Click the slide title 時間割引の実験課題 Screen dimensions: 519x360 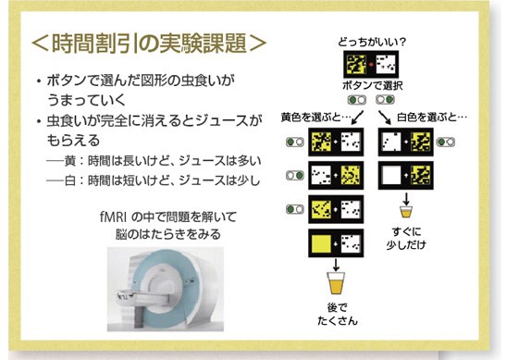pos(149,43)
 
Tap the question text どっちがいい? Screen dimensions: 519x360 pos(372,42)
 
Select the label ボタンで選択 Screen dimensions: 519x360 pos(373,85)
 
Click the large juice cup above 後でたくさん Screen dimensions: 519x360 pos(336,283)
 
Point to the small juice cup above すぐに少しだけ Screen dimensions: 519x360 pos(406,212)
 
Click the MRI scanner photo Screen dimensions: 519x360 pos(166,289)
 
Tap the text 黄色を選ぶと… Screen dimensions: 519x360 pos(315,118)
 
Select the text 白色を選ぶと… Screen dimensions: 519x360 pos(432,118)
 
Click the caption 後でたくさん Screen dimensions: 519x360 pos(338,314)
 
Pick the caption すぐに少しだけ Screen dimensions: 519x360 pos(406,238)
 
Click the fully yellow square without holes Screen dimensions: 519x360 pos(322,243)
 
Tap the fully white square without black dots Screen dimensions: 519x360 pos(391,175)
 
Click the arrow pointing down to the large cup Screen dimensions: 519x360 pos(336,265)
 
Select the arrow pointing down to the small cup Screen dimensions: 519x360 pos(406,198)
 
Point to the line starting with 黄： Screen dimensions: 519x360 pos(154,161)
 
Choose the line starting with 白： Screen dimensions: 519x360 pos(154,180)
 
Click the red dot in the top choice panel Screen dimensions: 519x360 pos(371,64)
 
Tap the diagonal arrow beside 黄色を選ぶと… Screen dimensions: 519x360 pos(358,118)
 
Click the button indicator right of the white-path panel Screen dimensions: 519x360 pos(446,143)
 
